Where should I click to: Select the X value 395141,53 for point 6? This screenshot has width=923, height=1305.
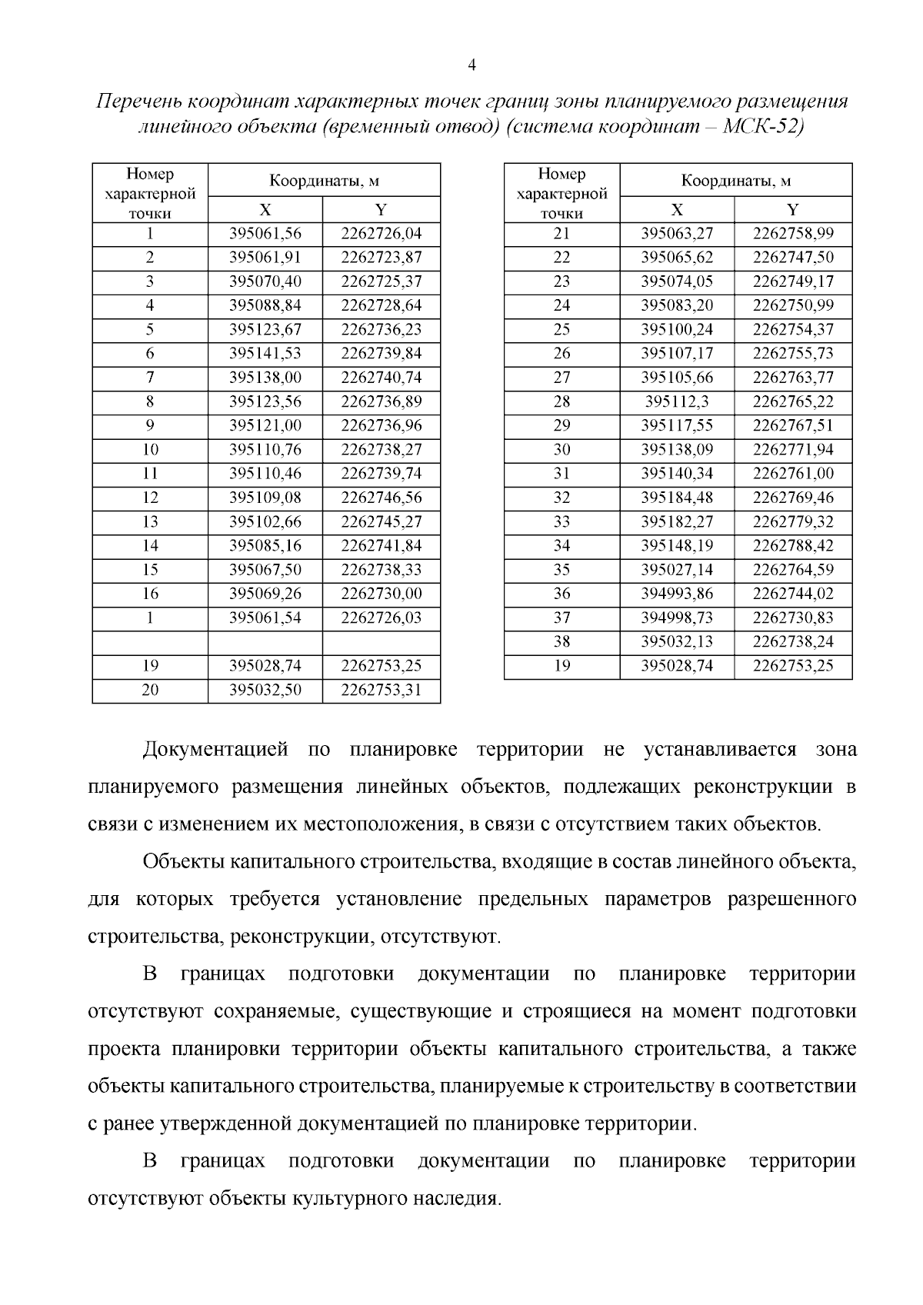click(265, 353)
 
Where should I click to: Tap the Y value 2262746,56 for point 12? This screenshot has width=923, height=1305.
click(382, 498)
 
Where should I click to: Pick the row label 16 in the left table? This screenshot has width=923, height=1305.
click(150, 594)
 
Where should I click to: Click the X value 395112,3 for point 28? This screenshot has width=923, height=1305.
click(677, 401)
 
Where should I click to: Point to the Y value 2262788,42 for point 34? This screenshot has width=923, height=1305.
click(793, 546)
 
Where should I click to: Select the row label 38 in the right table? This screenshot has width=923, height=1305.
click(561, 642)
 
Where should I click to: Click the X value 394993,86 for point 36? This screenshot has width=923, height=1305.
click(677, 594)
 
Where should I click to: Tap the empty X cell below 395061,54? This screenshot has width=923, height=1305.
click(265, 642)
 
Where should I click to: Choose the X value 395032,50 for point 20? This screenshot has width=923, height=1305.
click(265, 690)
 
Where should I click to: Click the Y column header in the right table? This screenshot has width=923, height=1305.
click(793, 209)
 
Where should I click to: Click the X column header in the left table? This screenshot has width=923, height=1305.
click(265, 209)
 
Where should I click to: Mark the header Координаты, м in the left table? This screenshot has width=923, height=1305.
click(324, 181)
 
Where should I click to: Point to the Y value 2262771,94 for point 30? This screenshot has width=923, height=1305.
click(793, 449)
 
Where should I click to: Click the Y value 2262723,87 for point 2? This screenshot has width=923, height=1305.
click(382, 257)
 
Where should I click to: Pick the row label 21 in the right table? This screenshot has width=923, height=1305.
click(561, 233)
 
